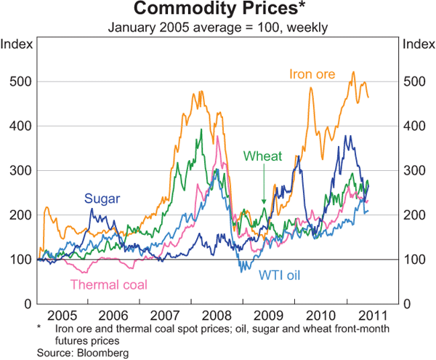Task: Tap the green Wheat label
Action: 263,156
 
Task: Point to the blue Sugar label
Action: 102,198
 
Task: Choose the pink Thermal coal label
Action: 109,284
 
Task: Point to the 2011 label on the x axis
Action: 370,317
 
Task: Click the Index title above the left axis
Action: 17,44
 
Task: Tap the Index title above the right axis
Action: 419,44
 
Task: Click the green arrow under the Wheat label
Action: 263,193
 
